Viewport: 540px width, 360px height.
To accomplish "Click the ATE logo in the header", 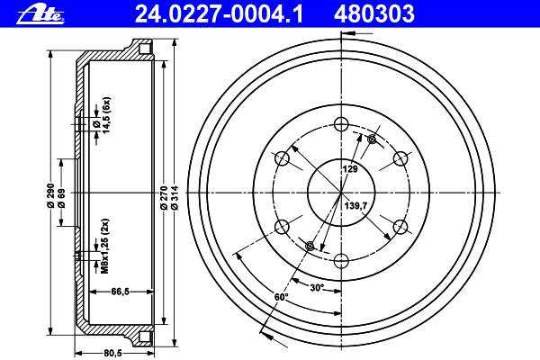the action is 40,14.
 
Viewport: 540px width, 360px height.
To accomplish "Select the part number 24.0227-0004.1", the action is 219,14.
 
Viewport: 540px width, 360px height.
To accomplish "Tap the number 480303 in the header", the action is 374,14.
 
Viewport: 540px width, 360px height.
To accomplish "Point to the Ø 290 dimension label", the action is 50,195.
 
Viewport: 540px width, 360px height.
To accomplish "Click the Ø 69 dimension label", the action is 62,199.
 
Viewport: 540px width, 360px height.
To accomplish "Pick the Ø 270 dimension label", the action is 164,198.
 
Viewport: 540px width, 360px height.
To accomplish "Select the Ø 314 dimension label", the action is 175,198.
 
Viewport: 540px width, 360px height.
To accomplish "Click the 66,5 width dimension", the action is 121,292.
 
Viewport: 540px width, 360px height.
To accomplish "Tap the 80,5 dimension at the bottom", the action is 113,353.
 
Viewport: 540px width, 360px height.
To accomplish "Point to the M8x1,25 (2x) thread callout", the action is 105,246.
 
